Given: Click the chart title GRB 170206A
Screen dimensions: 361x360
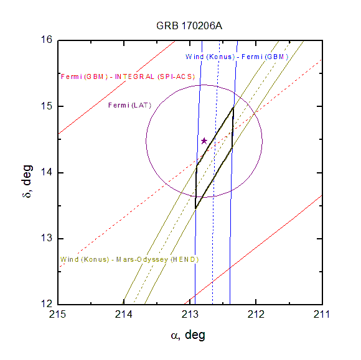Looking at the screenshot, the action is [189, 25].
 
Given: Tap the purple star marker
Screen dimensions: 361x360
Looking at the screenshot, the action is [204, 141].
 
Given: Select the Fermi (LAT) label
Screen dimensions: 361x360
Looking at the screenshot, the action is [130, 105].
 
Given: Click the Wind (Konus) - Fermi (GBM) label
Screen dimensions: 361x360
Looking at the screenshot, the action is [237, 57].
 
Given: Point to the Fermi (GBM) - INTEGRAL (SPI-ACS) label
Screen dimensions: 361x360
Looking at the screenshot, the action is [128, 76].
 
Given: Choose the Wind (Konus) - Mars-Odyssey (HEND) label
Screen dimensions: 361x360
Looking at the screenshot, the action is [129, 259].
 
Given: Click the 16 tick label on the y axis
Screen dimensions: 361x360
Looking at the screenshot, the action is [47, 40].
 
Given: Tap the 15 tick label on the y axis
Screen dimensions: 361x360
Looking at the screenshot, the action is [47, 106].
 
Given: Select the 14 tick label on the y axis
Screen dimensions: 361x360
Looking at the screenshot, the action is [47, 172].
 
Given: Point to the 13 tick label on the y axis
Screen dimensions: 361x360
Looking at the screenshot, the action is [47, 238].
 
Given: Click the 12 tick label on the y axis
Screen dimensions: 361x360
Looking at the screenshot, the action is [47, 303].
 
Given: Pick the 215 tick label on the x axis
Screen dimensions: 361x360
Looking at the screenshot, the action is [57, 314].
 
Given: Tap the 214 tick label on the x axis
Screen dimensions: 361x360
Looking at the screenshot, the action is [124, 314].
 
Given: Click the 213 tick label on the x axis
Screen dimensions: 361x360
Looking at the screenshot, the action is [190, 314].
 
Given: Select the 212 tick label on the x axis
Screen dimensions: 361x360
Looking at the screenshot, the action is [256, 314].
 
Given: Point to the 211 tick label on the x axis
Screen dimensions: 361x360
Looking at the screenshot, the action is [322, 314].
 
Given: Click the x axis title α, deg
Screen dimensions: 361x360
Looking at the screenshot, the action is [188, 335].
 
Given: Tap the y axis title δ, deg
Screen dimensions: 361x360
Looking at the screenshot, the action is [27, 182].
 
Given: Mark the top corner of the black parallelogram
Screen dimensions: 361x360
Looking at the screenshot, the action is [233, 107].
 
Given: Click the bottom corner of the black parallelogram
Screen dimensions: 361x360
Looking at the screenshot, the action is [195, 208].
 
